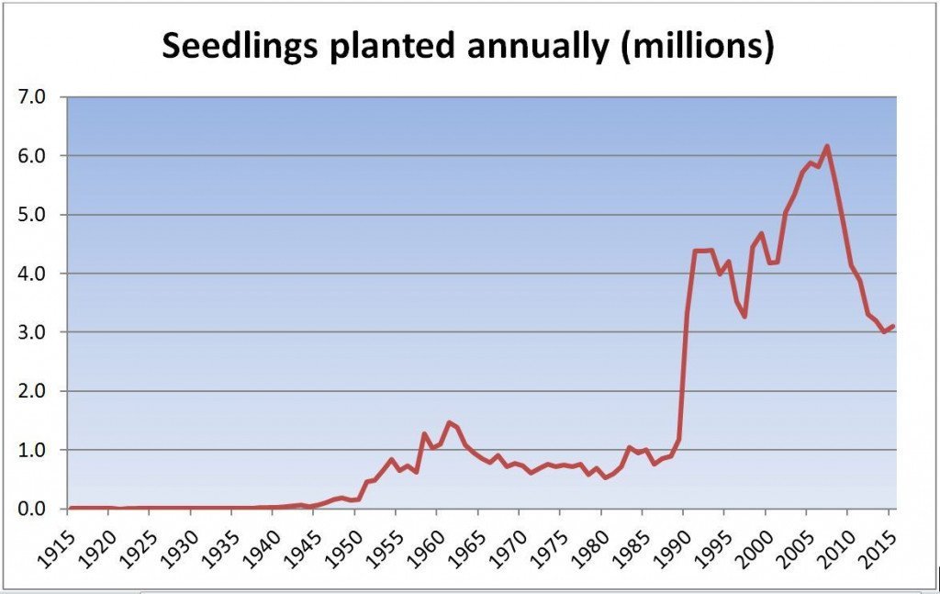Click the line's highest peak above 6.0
pos(827,146)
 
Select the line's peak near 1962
pos(449,422)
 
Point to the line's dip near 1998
pos(744,317)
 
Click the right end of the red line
pos(893,326)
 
